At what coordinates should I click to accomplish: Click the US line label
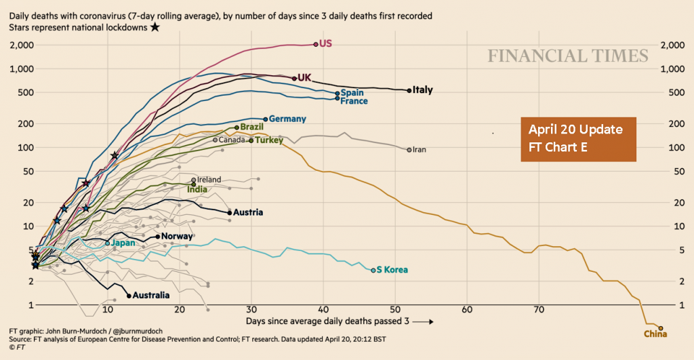(325, 43)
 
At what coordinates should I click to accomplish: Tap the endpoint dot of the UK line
(294, 78)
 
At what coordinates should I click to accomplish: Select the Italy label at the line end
(423, 89)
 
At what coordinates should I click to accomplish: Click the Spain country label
(352, 93)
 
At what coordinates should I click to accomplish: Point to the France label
(354, 102)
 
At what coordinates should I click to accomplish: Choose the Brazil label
(251, 127)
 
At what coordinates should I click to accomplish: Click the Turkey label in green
(269, 140)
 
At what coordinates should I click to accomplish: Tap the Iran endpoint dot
(409, 149)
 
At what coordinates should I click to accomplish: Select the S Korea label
(392, 270)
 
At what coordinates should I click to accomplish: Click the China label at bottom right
(655, 334)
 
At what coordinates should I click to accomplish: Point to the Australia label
(151, 296)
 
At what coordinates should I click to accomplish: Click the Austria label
(248, 212)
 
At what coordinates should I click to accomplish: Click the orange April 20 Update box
(578, 139)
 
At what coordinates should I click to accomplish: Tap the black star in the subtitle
(155, 27)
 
